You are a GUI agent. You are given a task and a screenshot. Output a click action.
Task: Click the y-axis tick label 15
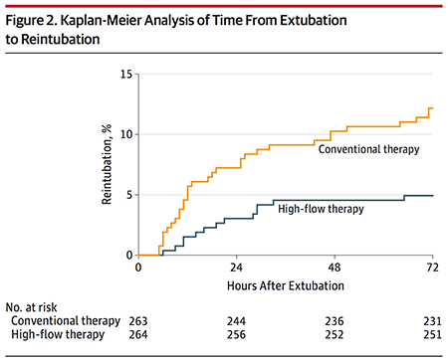coord(126,74)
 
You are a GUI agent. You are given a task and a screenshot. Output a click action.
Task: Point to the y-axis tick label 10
coord(126,134)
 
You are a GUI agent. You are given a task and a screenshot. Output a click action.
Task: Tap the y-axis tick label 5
coord(129,195)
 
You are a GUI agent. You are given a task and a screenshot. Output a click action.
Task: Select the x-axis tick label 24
coord(236,268)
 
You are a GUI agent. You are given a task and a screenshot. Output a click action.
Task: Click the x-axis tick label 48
coord(335,268)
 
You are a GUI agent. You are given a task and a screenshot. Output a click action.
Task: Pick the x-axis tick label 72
coord(432,268)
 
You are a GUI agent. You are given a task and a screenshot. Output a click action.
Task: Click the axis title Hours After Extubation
coord(286,285)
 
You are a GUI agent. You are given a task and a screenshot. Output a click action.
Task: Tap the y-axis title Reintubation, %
coord(107,164)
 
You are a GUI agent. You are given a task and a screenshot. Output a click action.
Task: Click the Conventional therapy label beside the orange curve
coord(368,149)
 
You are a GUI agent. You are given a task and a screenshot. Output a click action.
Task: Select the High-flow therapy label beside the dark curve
coord(321,209)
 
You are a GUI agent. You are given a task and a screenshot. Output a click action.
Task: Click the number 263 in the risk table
coord(138,321)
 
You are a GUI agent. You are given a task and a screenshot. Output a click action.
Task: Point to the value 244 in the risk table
coord(236,321)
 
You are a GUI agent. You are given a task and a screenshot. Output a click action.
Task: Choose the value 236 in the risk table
coord(335,321)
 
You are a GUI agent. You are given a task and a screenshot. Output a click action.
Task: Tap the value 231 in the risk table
coord(432,321)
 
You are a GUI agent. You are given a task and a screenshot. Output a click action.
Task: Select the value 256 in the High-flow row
coord(236,335)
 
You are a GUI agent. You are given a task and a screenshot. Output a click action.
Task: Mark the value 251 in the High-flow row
coord(432,335)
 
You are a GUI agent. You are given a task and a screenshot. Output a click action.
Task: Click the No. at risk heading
coord(31,307)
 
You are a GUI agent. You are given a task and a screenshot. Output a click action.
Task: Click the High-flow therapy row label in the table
coord(58,334)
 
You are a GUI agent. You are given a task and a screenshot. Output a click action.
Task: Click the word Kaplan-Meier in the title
coord(102,21)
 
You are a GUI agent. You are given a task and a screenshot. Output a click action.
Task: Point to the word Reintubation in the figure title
coord(61,39)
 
